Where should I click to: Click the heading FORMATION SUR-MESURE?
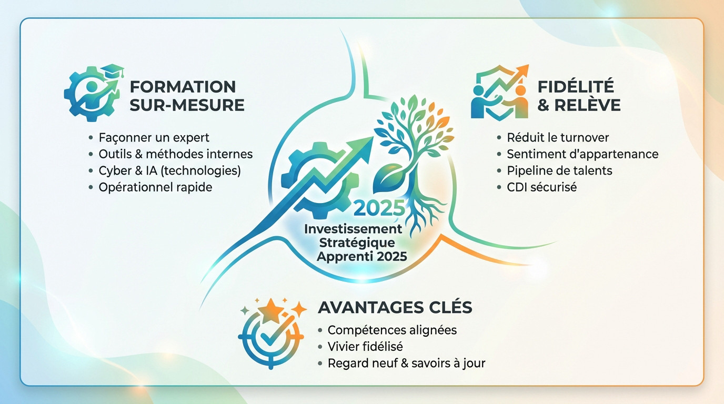point(187,95)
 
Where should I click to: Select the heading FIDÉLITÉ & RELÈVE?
point(579,95)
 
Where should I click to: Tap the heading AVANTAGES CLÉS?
point(395,307)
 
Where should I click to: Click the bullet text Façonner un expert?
point(154,137)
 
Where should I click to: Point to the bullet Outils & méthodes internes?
point(175,154)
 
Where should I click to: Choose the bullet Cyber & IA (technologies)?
point(169,170)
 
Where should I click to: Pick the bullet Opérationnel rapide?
point(155,187)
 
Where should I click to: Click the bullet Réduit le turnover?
point(558,137)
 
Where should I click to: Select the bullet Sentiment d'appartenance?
point(582,154)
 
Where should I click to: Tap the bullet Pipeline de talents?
point(559,170)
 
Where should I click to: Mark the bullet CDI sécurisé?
point(542,187)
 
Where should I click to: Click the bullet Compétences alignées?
point(392,330)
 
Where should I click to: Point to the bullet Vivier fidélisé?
point(365,347)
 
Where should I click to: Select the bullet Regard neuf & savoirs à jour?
point(406,363)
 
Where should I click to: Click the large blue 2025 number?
point(379,208)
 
